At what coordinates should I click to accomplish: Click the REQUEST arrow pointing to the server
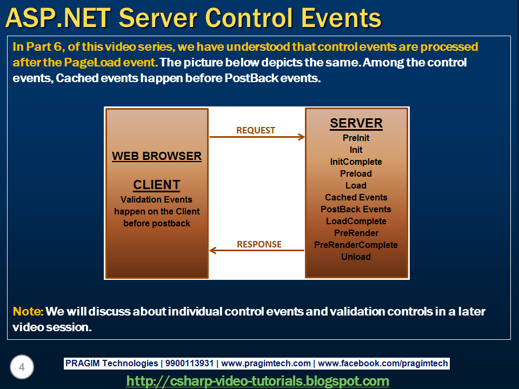(x=257, y=137)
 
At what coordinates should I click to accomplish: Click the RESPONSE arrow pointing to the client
(x=257, y=251)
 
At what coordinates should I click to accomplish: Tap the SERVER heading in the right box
(x=356, y=123)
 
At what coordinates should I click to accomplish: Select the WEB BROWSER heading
(x=156, y=157)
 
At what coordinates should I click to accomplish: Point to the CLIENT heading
(x=156, y=185)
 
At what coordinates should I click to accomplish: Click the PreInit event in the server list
(x=356, y=138)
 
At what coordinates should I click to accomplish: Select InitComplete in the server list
(x=356, y=162)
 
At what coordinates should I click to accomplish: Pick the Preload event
(x=356, y=174)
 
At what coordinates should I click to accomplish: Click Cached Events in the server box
(x=356, y=198)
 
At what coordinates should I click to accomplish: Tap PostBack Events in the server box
(x=356, y=210)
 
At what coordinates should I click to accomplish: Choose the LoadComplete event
(x=356, y=222)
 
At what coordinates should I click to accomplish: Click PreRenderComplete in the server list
(x=356, y=245)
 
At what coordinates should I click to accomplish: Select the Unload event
(x=356, y=257)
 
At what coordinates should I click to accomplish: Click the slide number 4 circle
(x=22, y=367)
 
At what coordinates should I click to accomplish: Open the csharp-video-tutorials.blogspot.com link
(x=257, y=381)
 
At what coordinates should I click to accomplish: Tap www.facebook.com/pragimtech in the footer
(x=383, y=364)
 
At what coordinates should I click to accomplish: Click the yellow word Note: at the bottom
(x=28, y=312)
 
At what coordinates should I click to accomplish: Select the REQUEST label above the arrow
(x=255, y=130)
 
